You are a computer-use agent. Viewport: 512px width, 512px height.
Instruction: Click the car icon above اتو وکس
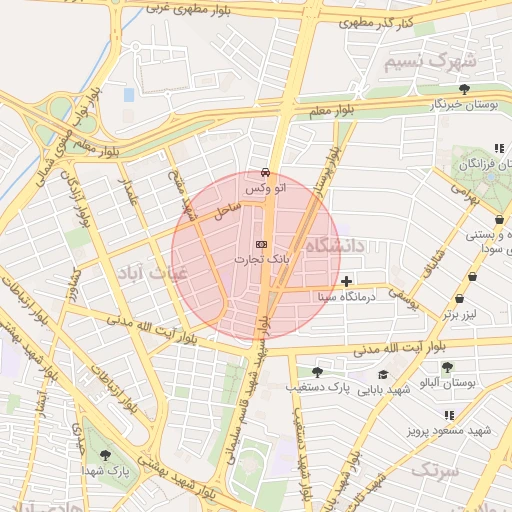coord(264,172)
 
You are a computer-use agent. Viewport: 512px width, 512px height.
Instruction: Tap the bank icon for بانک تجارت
coord(262,243)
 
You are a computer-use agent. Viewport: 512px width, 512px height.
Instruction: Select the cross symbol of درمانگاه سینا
coord(346,281)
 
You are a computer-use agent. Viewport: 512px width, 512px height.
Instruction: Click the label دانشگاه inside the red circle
coord(337,246)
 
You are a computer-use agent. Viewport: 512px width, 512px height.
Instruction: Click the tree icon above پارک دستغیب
coord(317,372)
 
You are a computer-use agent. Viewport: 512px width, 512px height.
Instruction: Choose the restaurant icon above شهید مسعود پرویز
coord(449,415)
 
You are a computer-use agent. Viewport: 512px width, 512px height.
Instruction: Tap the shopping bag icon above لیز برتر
coord(459,298)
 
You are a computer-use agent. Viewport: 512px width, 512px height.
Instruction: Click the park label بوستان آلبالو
coord(473,384)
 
